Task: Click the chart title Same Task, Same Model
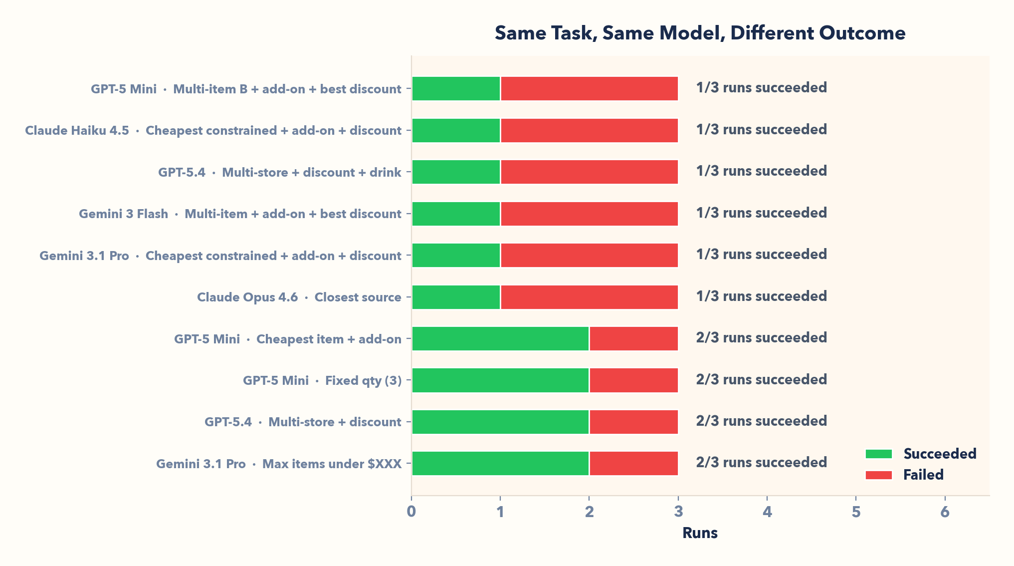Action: coord(700,33)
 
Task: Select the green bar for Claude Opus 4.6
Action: coord(456,297)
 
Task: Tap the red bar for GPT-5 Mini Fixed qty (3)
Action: coord(633,380)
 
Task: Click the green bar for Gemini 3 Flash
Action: coord(456,214)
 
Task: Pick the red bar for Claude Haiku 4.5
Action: coord(589,130)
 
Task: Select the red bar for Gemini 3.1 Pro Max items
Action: coord(633,463)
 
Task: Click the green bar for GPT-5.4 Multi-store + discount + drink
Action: coord(456,172)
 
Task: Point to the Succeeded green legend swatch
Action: coord(878,454)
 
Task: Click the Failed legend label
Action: coord(923,475)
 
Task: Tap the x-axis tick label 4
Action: coord(767,512)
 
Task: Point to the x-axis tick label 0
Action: coord(411,512)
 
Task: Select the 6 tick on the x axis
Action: coord(945,512)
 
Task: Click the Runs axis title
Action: coord(700,533)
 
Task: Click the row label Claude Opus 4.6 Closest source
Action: coord(299,297)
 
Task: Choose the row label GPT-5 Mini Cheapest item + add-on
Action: coord(287,339)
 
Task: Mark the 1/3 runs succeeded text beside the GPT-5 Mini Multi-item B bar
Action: coord(761,88)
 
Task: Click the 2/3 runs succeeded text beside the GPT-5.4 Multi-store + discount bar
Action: coord(761,421)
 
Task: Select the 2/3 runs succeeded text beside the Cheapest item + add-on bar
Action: coord(761,338)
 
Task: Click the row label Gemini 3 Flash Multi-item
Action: coord(240,214)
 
